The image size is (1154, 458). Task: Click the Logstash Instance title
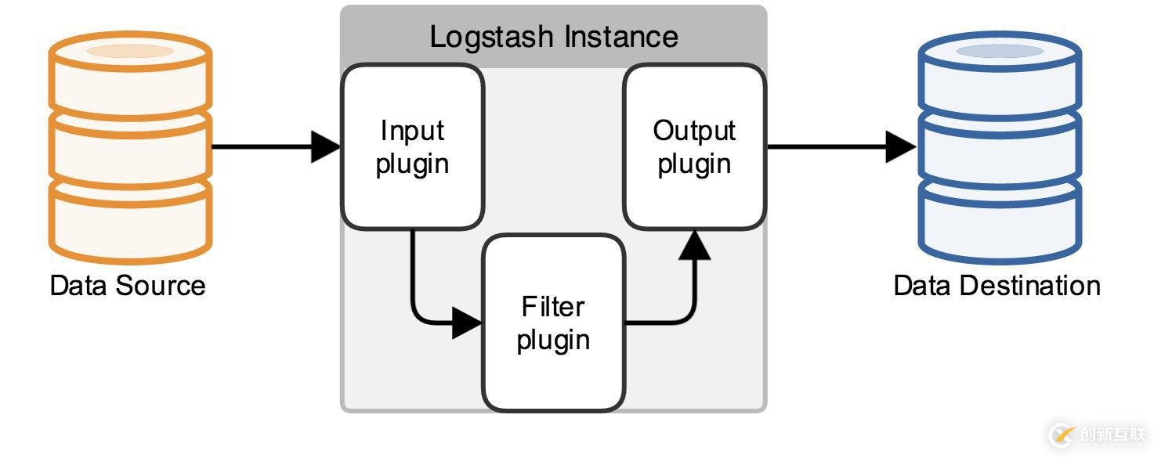(x=553, y=37)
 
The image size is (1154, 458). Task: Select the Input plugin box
(x=412, y=147)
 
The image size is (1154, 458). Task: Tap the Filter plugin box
(x=553, y=323)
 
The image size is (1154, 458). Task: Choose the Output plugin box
(x=694, y=147)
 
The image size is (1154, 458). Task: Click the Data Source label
(x=128, y=285)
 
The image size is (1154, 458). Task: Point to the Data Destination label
(x=997, y=285)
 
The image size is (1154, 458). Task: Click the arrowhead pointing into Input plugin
(x=326, y=146)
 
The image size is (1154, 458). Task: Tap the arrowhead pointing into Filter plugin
(x=467, y=323)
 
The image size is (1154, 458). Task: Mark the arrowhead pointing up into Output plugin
(x=694, y=245)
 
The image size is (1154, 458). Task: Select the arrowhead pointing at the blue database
(x=901, y=146)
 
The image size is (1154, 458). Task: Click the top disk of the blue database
(x=1000, y=74)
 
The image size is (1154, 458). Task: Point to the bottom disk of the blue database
(x=1000, y=221)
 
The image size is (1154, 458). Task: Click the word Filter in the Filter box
(x=553, y=306)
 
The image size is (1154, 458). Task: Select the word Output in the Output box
(x=694, y=131)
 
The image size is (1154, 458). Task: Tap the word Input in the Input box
(x=412, y=131)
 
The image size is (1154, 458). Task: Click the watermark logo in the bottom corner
(x=1062, y=435)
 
